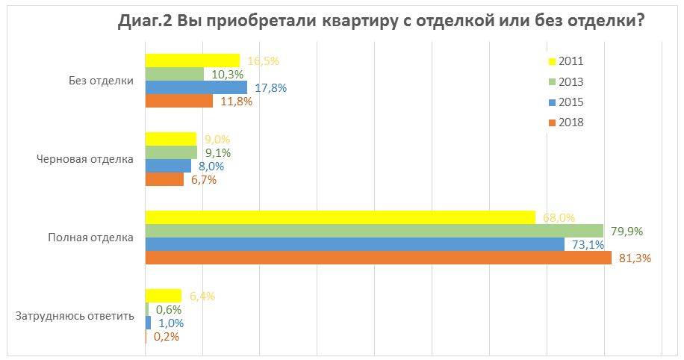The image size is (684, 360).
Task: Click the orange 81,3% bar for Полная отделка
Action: (x=379, y=258)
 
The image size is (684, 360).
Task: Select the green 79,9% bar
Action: (x=373, y=231)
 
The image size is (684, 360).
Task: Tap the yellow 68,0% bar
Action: (x=340, y=217)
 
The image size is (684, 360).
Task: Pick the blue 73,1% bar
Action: (x=354, y=244)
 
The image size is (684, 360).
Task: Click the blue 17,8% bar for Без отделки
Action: (x=196, y=87)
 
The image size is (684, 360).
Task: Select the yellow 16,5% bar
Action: (x=192, y=60)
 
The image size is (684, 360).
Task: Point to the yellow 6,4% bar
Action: (x=163, y=296)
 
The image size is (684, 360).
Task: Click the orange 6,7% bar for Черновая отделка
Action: (x=164, y=179)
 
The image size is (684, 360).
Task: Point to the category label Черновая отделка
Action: (x=85, y=159)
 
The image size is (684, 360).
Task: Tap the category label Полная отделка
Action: (x=91, y=238)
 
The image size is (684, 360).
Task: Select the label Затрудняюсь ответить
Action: (x=75, y=316)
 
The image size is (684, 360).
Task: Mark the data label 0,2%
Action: (x=166, y=337)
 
